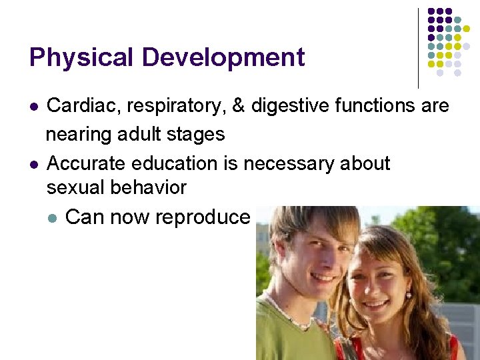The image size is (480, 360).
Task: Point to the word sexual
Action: pyautogui.click(x=75, y=188)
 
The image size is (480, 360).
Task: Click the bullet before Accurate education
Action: pyautogui.click(x=33, y=164)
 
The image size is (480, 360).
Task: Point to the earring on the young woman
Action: pyautogui.click(x=408, y=294)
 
